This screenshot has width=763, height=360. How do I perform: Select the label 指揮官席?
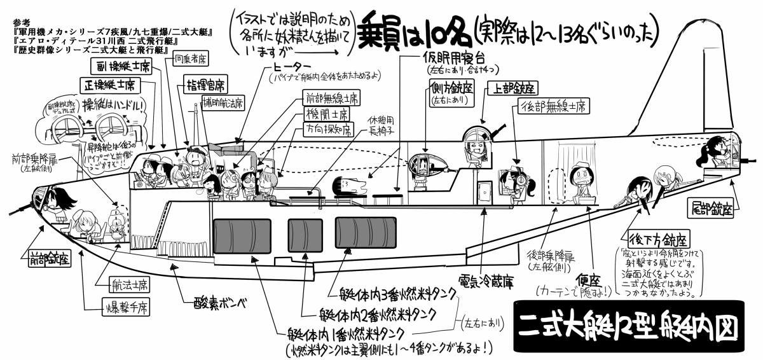[x=207, y=85]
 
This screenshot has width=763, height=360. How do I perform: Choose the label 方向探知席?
[x=327, y=130]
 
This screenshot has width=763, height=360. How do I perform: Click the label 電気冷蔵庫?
[x=486, y=279]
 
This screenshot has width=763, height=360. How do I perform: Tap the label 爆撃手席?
[x=125, y=310]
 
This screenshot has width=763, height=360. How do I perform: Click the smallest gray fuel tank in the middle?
[x=305, y=233]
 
